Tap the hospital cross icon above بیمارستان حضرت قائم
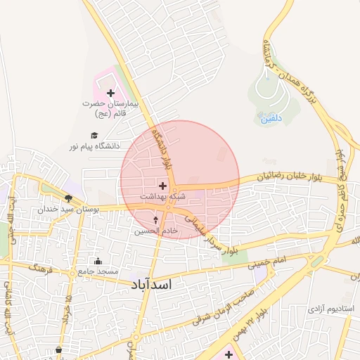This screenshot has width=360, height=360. coord(110,93)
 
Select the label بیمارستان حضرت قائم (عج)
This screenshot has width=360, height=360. coord(112,108)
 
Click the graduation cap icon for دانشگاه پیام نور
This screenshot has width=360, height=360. coord(94,136)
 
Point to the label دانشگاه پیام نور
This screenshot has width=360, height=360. coord(94,146)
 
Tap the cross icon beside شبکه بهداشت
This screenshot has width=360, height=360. coord(163,186)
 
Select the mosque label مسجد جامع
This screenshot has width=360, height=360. coord(99,271)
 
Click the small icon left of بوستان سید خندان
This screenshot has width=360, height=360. coord(68,199)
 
